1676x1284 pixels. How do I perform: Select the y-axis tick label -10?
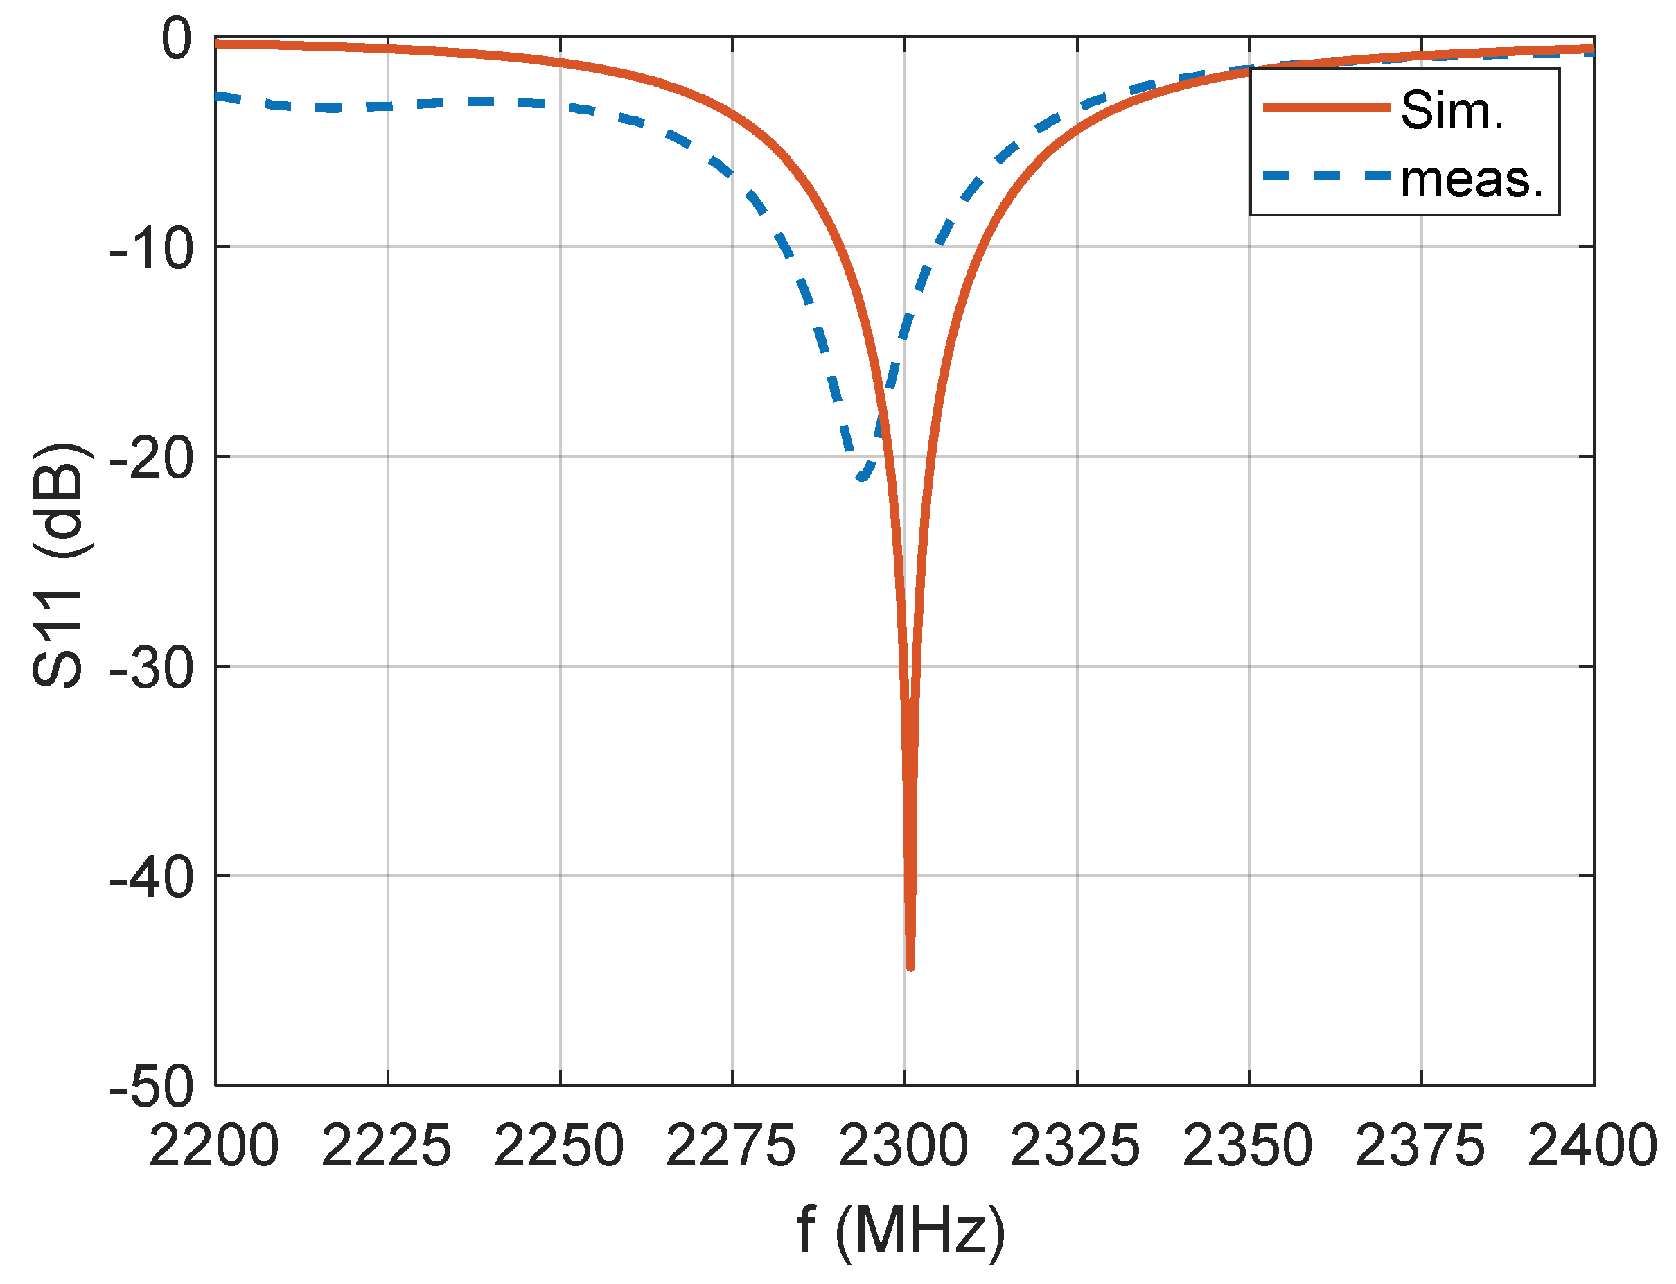coord(151,248)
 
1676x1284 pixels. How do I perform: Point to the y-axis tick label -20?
coord(151,458)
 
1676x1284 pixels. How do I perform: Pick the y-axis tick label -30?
coord(151,668)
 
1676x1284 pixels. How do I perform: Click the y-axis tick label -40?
coord(151,878)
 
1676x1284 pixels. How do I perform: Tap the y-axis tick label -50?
coord(151,1087)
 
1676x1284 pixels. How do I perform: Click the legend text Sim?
coord(1452,110)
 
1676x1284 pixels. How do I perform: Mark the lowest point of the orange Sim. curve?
coord(910,968)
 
